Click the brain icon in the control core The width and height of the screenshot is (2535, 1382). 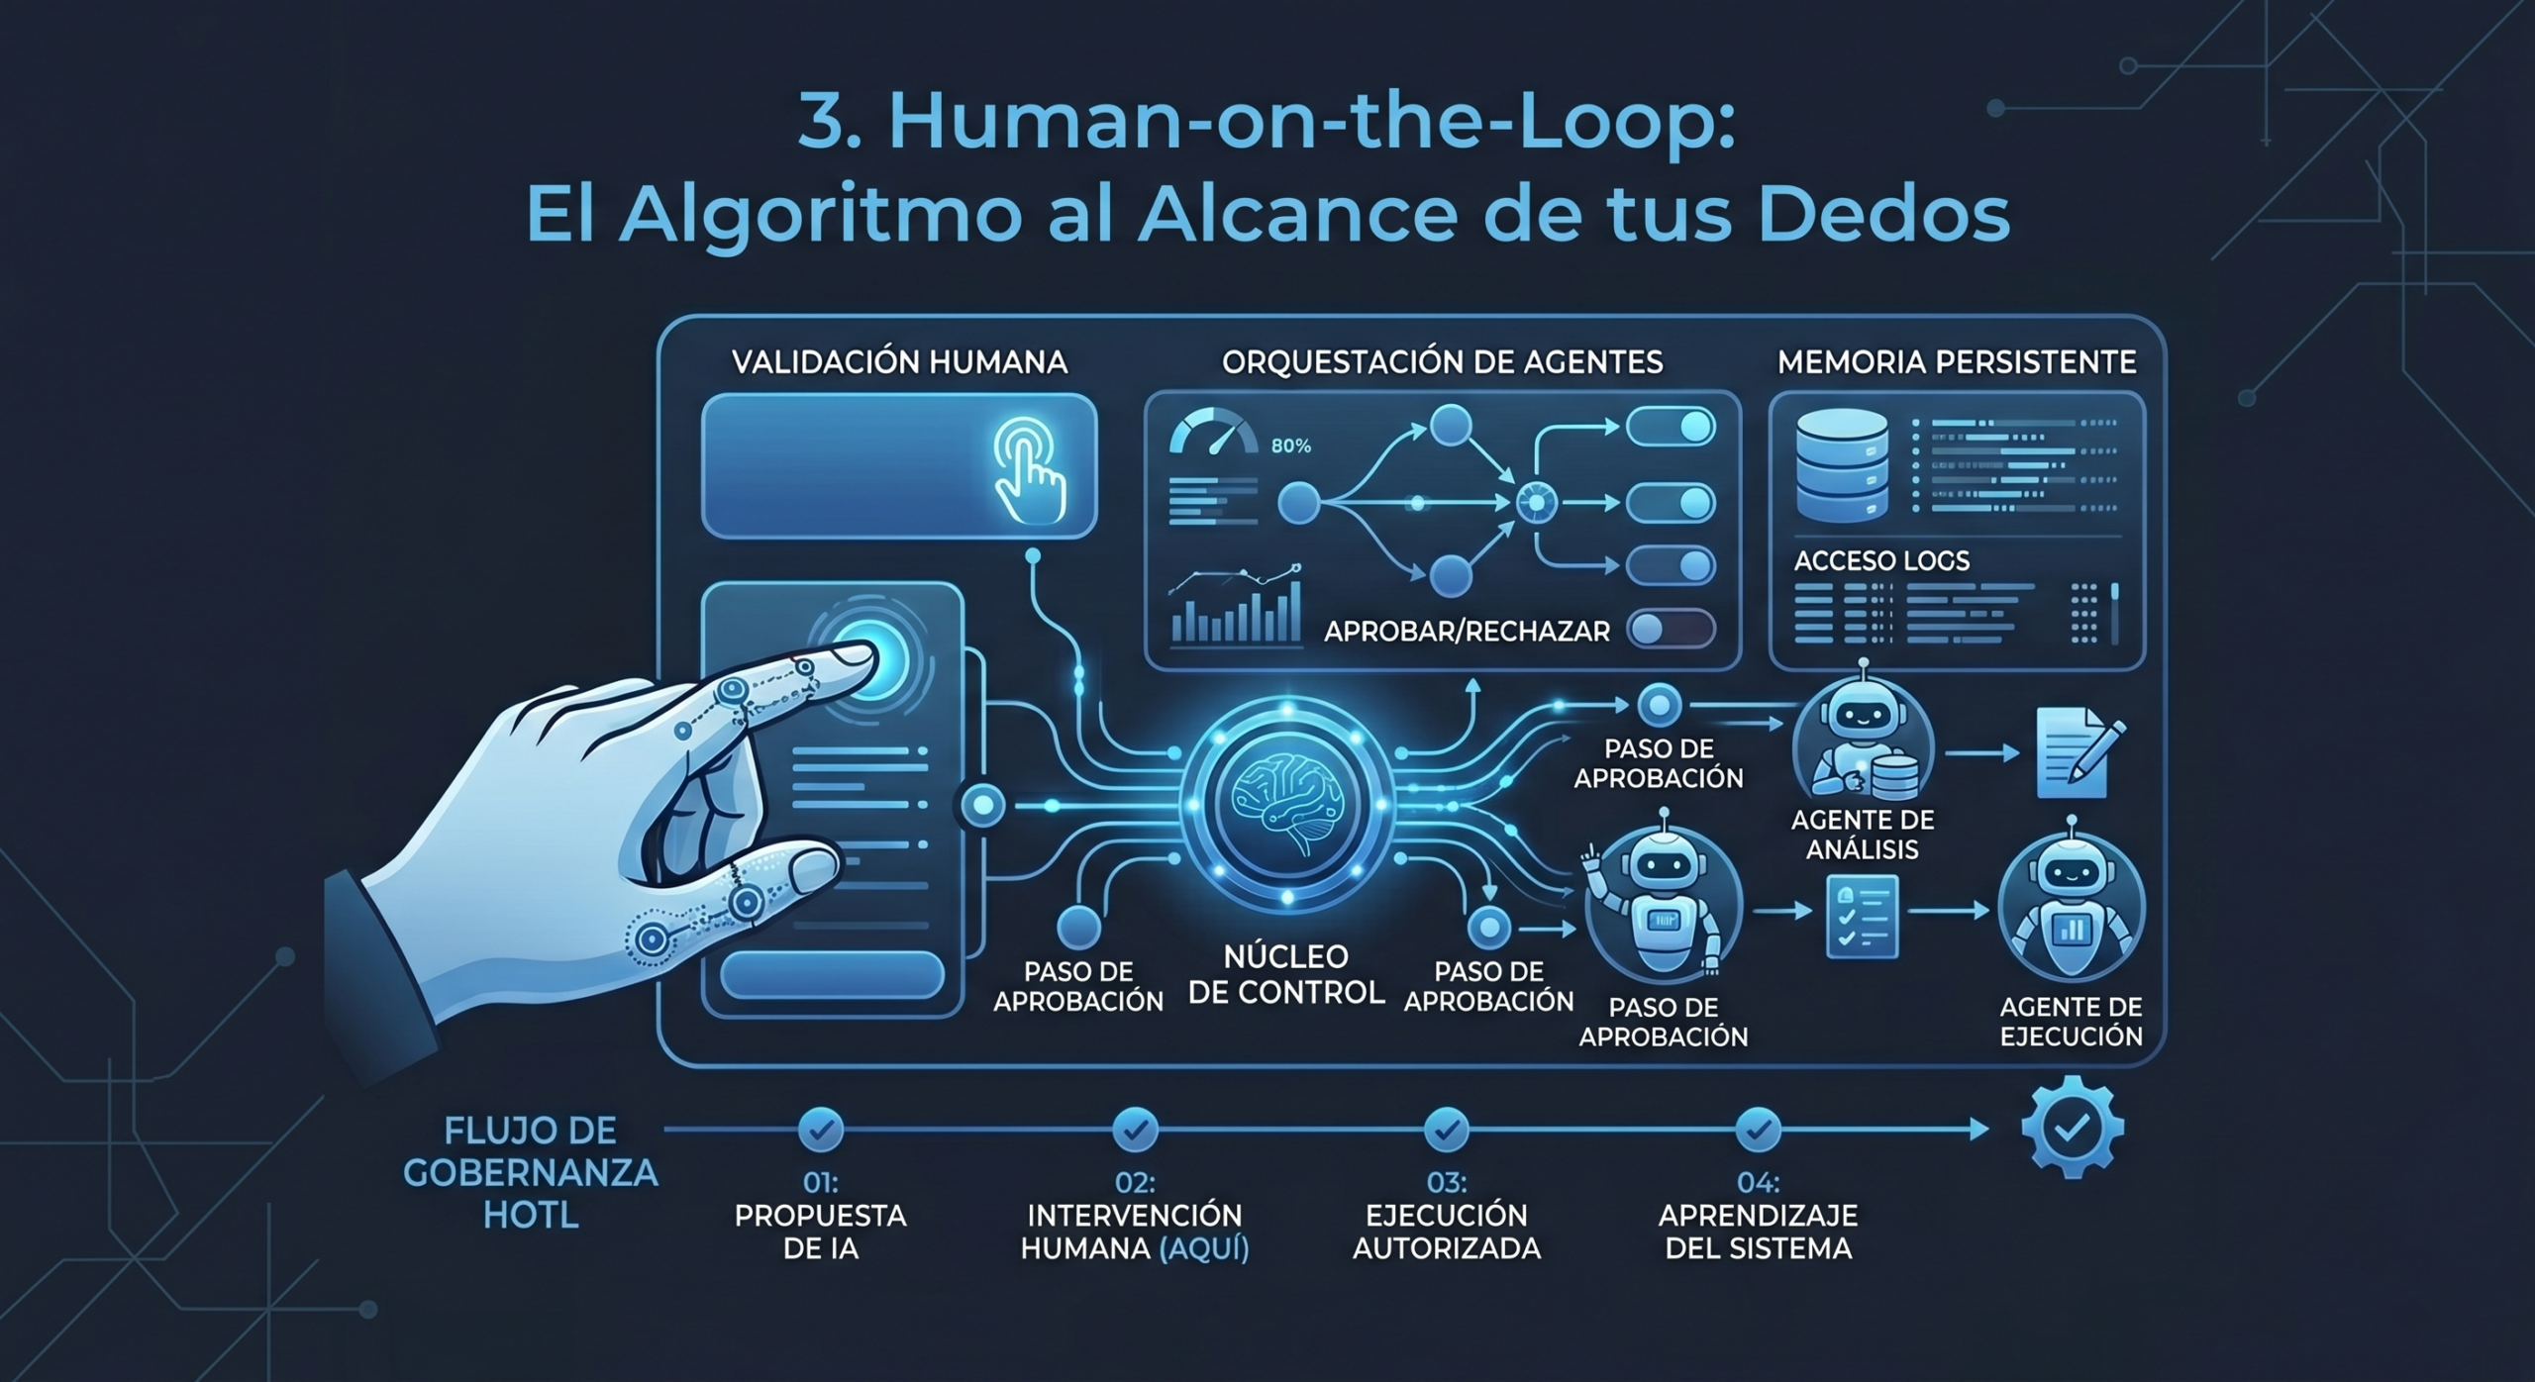pyautogui.click(x=1286, y=802)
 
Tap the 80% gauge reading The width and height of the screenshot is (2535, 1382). pyautogui.click(x=1290, y=446)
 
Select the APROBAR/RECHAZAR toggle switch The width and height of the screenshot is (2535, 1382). pyautogui.click(x=1672, y=629)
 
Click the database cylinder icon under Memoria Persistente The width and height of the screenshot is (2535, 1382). pyautogui.click(x=1841, y=465)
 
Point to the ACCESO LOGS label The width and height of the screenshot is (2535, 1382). pyautogui.click(x=1881, y=561)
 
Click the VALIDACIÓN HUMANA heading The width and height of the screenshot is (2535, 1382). pyautogui.click(x=899, y=362)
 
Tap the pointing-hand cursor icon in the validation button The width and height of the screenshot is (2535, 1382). pyautogui.click(x=1030, y=470)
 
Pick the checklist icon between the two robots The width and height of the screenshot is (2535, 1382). pyautogui.click(x=1862, y=917)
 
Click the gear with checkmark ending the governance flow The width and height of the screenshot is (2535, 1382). pyautogui.click(x=2073, y=1128)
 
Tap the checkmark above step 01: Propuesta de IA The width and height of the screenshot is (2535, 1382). pyautogui.click(x=821, y=1129)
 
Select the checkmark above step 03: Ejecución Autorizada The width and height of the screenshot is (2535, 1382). pyautogui.click(x=1447, y=1129)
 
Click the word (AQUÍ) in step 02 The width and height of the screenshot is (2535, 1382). pyautogui.click(x=1204, y=1248)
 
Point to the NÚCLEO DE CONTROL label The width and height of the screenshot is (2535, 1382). pyautogui.click(x=1286, y=974)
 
